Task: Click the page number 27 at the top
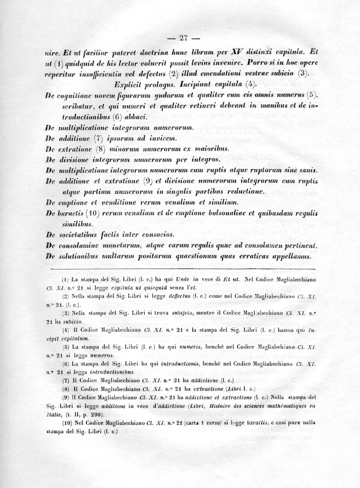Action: coord(179,38)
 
